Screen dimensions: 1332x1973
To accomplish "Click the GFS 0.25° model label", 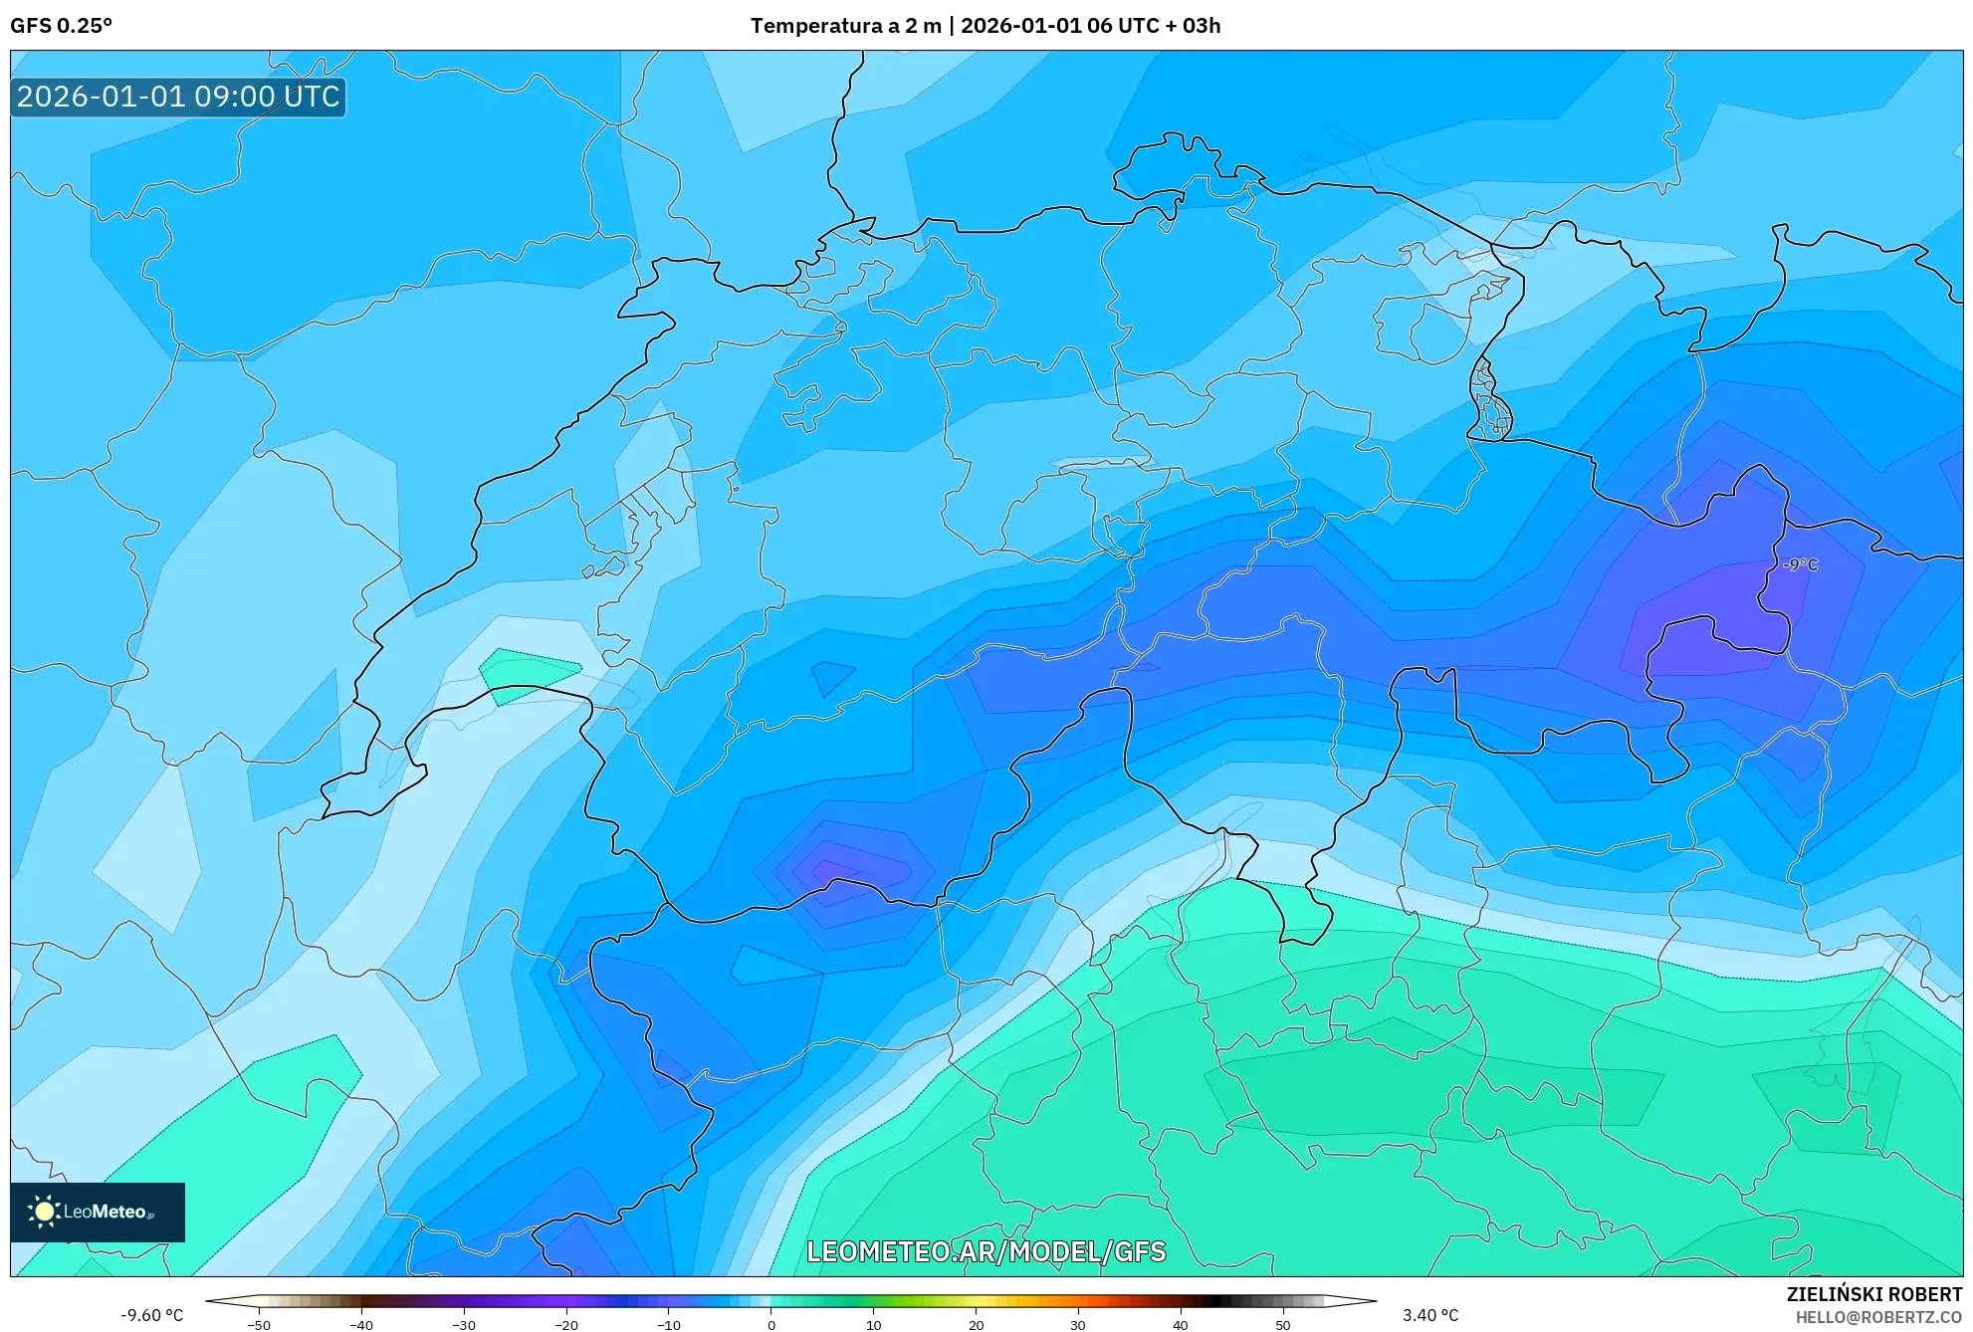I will pyautogui.click(x=61, y=26).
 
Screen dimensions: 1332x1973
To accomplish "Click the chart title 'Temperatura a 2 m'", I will pyautogui.click(x=845, y=26).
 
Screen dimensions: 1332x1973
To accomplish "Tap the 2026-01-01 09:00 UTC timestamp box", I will pyautogui.click(x=178, y=97).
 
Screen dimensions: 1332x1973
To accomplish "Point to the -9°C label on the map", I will pyautogui.click(x=1800, y=564).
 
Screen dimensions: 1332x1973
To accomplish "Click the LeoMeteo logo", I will pyautogui.click(x=98, y=1212).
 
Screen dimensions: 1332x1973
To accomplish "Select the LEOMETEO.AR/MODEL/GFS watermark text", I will pyautogui.click(x=986, y=1251).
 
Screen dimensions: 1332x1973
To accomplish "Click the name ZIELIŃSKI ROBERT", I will pyautogui.click(x=1873, y=1294).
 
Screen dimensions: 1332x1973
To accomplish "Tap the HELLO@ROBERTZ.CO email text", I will pyautogui.click(x=1877, y=1317).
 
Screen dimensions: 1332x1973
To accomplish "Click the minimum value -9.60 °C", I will pyautogui.click(x=152, y=1315).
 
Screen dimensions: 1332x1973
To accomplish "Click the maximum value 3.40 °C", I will pyautogui.click(x=1430, y=1315).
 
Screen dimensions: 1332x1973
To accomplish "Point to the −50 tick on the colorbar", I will pyautogui.click(x=259, y=1325).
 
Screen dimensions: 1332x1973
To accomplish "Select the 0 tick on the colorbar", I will pyautogui.click(x=771, y=1325).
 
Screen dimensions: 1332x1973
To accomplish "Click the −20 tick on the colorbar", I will pyautogui.click(x=566, y=1325).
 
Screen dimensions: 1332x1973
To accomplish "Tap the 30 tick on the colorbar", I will pyautogui.click(x=1078, y=1325).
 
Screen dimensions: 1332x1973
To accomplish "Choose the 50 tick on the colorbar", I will pyautogui.click(x=1283, y=1325).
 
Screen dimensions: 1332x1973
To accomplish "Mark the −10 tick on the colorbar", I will pyautogui.click(x=669, y=1325).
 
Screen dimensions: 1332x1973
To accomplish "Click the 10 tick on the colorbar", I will pyautogui.click(x=874, y=1325).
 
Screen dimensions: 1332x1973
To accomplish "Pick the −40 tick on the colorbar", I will pyautogui.click(x=361, y=1325).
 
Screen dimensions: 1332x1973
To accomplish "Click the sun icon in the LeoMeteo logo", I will pyautogui.click(x=44, y=1212).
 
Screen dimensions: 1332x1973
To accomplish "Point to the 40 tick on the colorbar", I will pyautogui.click(x=1181, y=1325).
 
